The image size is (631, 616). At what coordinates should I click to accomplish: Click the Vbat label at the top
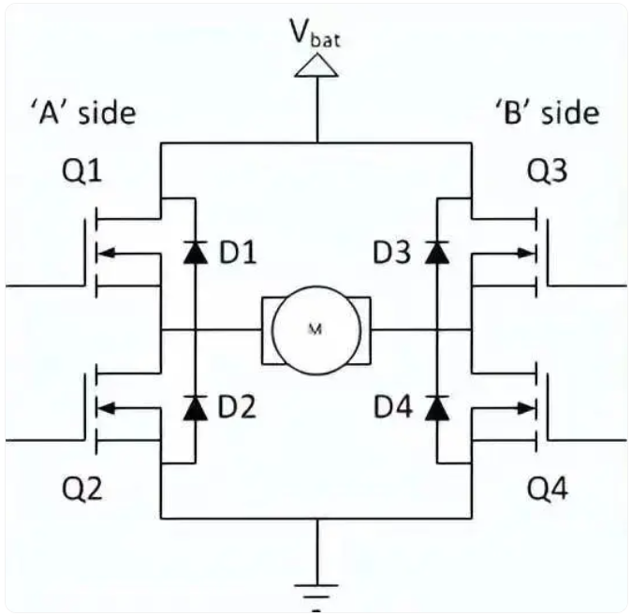point(316,34)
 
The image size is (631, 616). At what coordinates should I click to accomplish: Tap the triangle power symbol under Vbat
point(316,66)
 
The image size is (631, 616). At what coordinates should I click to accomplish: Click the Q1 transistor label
point(81,172)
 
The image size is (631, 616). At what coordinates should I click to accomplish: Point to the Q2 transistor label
point(81,489)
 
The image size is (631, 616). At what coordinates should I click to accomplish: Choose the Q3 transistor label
point(548,171)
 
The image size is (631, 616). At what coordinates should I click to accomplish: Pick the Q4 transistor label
point(548,489)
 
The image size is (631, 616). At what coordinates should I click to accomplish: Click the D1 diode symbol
point(196,252)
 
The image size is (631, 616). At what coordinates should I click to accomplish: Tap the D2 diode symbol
point(196,408)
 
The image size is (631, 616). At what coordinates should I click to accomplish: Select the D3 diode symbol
point(437,252)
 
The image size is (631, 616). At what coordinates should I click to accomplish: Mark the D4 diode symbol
point(437,408)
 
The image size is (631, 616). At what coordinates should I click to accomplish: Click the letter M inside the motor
point(315,330)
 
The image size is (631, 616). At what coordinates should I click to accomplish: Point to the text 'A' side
point(83,113)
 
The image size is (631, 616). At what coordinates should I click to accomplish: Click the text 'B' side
point(547,112)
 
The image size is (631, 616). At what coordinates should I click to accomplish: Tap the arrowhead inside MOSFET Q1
point(107,254)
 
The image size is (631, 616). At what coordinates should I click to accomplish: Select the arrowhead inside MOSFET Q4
point(526,408)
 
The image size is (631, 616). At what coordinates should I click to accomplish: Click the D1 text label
point(238,253)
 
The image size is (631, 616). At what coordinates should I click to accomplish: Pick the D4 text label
point(393,407)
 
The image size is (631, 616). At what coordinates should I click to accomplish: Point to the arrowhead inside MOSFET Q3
point(526,253)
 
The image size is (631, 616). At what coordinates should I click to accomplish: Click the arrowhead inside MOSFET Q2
point(107,408)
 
